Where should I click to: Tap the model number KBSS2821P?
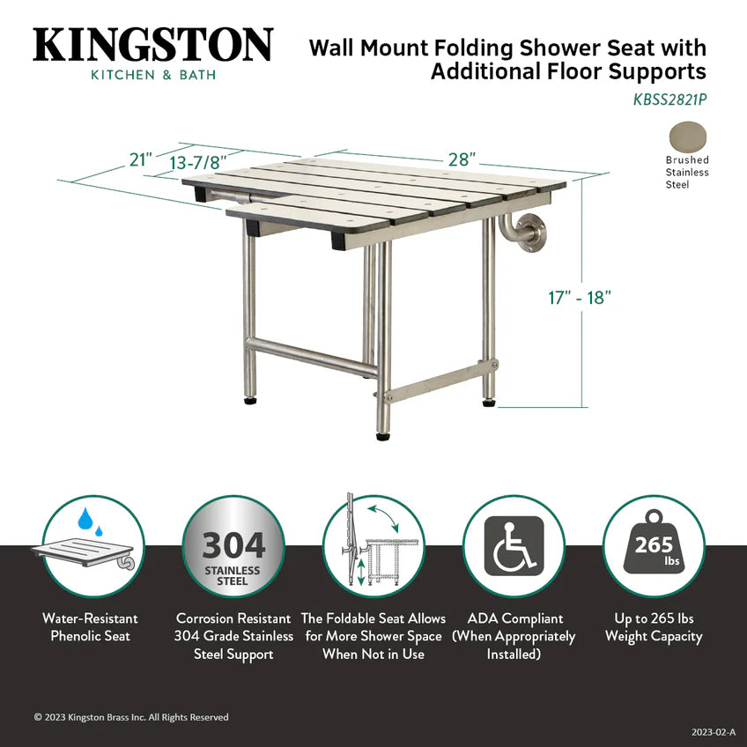click(669, 100)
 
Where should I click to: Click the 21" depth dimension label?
click(141, 159)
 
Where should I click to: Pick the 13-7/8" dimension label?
click(198, 163)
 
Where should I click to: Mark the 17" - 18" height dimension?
click(578, 297)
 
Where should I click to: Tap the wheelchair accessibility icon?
click(513, 547)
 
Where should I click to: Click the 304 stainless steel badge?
click(233, 547)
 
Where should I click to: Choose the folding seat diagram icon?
click(373, 547)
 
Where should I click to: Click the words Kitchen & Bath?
click(153, 75)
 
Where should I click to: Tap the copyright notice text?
click(131, 717)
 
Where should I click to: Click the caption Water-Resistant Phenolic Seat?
click(90, 627)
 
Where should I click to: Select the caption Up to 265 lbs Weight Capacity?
click(654, 627)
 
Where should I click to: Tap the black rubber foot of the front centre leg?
click(383, 434)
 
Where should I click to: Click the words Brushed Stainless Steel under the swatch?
click(687, 173)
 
